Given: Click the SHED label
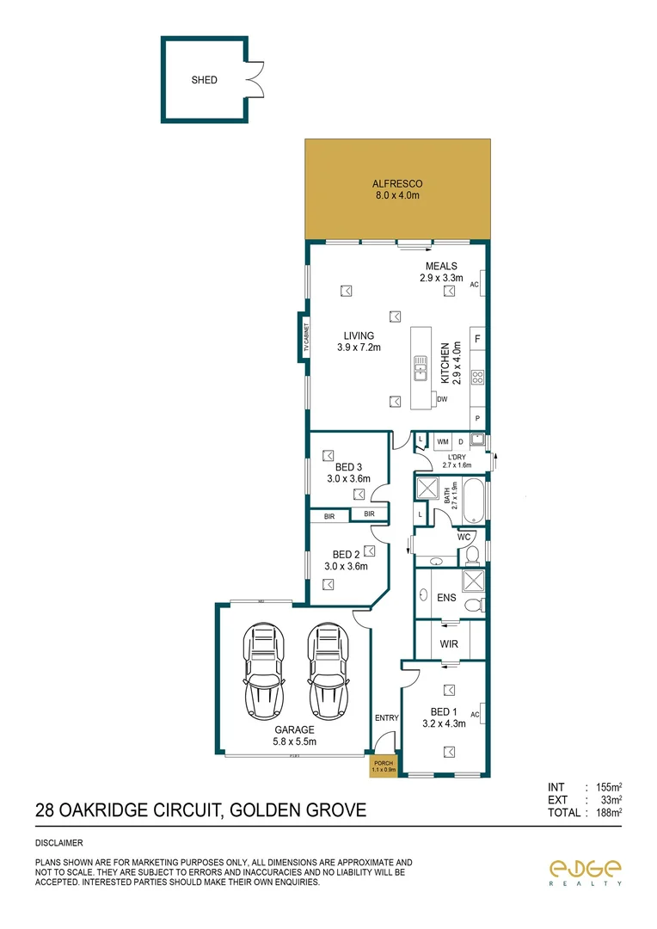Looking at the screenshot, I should point(205,80).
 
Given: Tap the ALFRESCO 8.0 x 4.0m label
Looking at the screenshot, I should point(396,189).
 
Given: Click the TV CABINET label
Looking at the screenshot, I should point(304,336).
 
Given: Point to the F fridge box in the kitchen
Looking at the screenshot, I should point(478,339).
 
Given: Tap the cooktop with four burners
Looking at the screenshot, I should point(478,376).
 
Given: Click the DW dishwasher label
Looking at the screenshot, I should point(442,400).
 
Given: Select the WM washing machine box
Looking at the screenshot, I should point(443,441).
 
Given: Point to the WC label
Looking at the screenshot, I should point(464,537).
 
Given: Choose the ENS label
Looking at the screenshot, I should point(445,596).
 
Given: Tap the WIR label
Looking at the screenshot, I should point(448,643).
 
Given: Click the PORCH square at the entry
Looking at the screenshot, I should point(382,765).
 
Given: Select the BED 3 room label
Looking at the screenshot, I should point(347,473).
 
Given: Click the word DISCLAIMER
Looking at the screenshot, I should point(58,844).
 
